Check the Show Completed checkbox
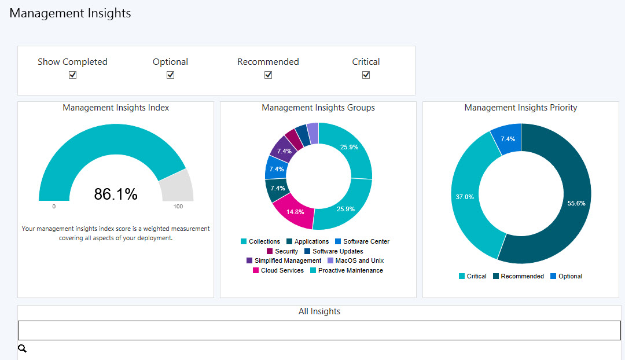72,75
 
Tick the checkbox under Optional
170,75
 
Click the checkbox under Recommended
269,75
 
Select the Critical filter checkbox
366,75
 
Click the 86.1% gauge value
116,194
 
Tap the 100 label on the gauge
178,207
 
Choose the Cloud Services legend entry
278,270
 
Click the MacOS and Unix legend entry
355,260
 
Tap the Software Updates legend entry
334,251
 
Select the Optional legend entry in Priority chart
566,276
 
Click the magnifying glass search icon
23,348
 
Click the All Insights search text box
319,330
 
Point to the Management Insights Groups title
318,108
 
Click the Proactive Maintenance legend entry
347,270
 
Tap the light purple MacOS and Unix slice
313,133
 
